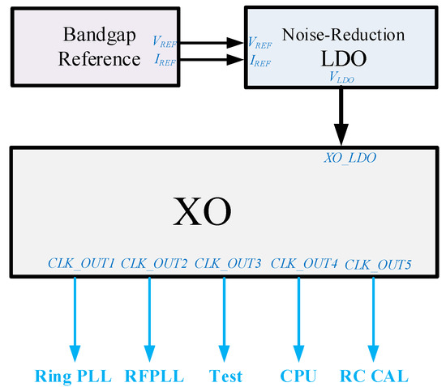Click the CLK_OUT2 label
[x=154, y=264]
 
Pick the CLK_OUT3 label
[x=228, y=264]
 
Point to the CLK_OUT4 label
[x=304, y=264]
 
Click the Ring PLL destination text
[x=74, y=376]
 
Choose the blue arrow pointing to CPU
[x=298, y=320]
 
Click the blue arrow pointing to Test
[x=225, y=320]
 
